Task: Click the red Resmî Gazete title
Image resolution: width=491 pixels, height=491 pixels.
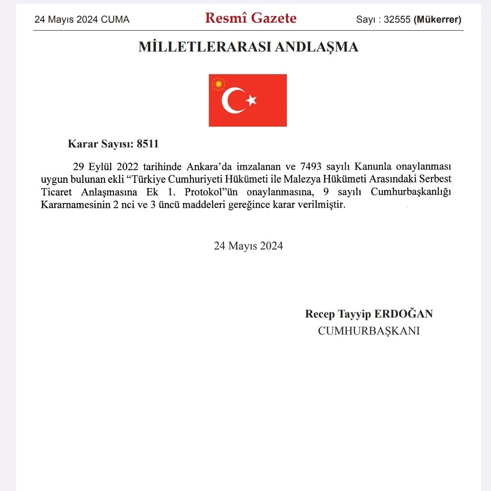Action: tap(250, 18)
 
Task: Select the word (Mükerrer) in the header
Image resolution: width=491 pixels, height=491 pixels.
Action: tap(437, 20)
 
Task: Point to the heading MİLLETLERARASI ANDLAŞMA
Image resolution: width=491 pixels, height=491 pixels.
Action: tap(248, 47)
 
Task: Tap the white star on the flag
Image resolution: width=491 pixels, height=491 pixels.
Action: tap(251, 100)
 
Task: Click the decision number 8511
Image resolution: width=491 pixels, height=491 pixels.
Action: tap(147, 144)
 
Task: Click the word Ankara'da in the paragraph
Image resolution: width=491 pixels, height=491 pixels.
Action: tap(207, 167)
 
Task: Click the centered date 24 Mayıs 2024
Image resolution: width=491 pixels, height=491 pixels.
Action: tap(248, 246)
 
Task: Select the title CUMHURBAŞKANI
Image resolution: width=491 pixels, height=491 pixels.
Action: tap(369, 331)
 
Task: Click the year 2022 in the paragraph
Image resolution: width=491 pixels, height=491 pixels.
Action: tap(127, 167)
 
